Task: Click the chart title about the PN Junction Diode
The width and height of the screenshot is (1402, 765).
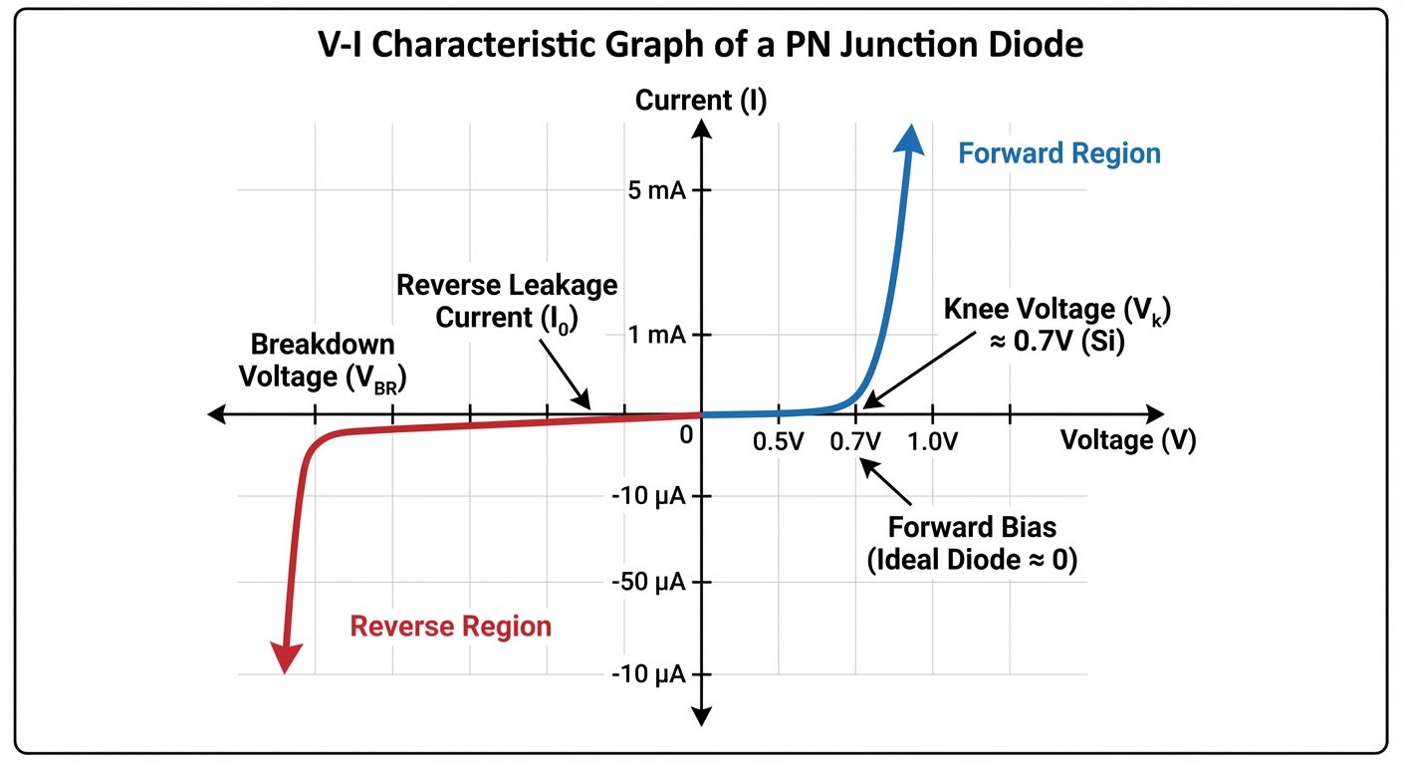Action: click(700, 47)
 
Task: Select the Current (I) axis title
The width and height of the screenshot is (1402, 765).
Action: click(701, 101)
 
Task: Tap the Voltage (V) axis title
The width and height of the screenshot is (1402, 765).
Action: click(1127, 440)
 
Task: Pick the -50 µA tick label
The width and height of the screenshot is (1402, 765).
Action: click(647, 582)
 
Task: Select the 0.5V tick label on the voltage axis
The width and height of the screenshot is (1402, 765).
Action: click(778, 441)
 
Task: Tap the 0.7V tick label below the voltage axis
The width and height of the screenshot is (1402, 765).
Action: click(855, 441)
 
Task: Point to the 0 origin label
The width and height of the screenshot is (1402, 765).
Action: click(685, 435)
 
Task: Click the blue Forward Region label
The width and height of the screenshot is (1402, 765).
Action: click(1058, 154)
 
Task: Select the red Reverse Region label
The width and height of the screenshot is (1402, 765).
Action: click(450, 627)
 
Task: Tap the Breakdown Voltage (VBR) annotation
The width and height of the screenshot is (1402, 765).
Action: click(323, 362)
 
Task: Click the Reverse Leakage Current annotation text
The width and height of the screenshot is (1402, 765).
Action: click(507, 301)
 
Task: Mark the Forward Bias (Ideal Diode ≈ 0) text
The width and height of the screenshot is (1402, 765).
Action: click(971, 544)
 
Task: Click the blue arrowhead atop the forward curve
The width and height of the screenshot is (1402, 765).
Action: click(907, 139)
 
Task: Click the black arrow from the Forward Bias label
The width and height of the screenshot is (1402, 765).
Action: click(886, 481)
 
